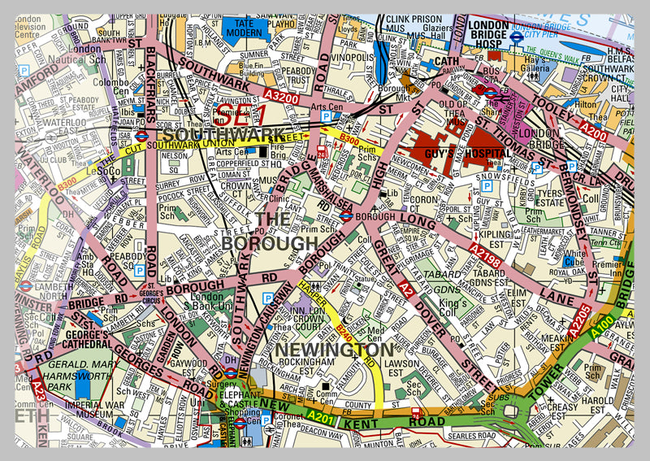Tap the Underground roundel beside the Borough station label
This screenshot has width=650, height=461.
click(345, 216)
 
